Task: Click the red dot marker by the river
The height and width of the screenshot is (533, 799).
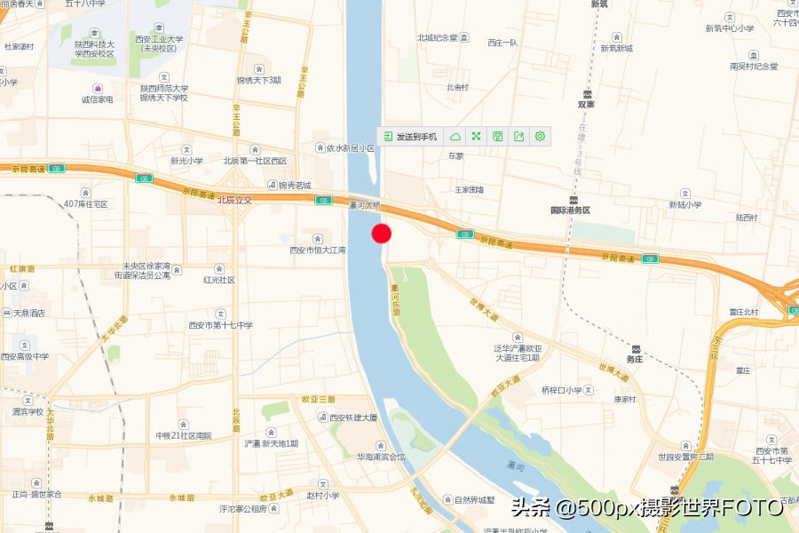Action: click(382, 234)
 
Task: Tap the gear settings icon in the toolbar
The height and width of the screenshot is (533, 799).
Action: click(540, 137)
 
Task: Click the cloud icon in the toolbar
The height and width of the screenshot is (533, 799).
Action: click(455, 137)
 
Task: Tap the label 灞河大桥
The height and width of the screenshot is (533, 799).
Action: click(365, 205)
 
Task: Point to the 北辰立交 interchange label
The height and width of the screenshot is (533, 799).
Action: click(235, 200)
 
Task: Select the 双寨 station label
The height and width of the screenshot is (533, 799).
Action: click(586, 103)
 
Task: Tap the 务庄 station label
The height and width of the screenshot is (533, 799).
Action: click(634, 359)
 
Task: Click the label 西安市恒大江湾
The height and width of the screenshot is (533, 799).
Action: click(317, 250)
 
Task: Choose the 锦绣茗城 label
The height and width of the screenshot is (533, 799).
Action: click(295, 186)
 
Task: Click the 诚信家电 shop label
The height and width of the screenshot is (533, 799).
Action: click(98, 99)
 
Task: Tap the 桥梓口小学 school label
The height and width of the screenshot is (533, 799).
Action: click(562, 390)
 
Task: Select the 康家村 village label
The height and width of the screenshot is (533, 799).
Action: click(625, 399)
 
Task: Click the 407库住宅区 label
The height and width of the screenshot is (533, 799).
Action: click(85, 204)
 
